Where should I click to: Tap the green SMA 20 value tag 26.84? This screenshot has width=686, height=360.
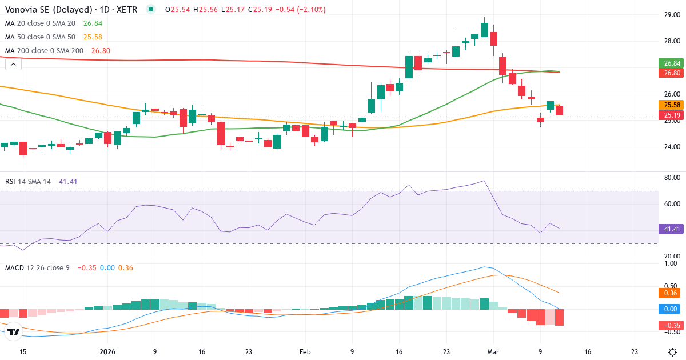[x=669, y=63]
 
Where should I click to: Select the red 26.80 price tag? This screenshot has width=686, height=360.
[x=669, y=73]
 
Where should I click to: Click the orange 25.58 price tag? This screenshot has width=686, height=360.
[x=669, y=105]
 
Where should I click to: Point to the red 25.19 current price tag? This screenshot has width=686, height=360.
[x=669, y=115]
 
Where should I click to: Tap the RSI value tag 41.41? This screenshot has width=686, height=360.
[x=669, y=229]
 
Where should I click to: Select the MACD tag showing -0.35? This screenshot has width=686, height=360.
[x=669, y=326]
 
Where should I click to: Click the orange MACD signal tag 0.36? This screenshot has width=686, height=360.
[x=669, y=293]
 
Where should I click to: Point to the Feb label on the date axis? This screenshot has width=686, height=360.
[x=305, y=352]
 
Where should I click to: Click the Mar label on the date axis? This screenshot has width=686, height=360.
[x=493, y=352]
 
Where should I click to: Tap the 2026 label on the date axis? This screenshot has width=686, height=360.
[x=107, y=352]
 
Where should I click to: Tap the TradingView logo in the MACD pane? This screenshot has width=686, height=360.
[x=14, y=331]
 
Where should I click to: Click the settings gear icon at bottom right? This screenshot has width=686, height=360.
[x=673, y=352]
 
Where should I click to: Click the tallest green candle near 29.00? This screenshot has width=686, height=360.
[x=484, y=30]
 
